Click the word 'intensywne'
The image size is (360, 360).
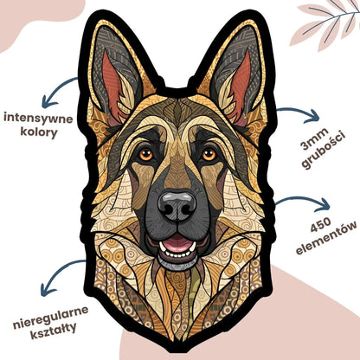pos(38,119)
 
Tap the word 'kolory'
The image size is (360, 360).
pos(38,133)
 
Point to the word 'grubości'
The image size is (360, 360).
pos(324,151)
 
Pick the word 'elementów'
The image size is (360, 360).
pos(326,238)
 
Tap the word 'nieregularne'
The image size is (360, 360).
pos(51,318)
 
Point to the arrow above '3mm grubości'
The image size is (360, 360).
pos(299,110)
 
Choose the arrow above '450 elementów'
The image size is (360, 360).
pos(303,198)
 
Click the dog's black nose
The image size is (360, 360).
pos(177,205)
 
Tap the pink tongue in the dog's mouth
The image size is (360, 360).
pos(177,244)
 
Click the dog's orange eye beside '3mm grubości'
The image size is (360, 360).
pos(209,155)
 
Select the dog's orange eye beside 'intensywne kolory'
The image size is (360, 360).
pos(145,154)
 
